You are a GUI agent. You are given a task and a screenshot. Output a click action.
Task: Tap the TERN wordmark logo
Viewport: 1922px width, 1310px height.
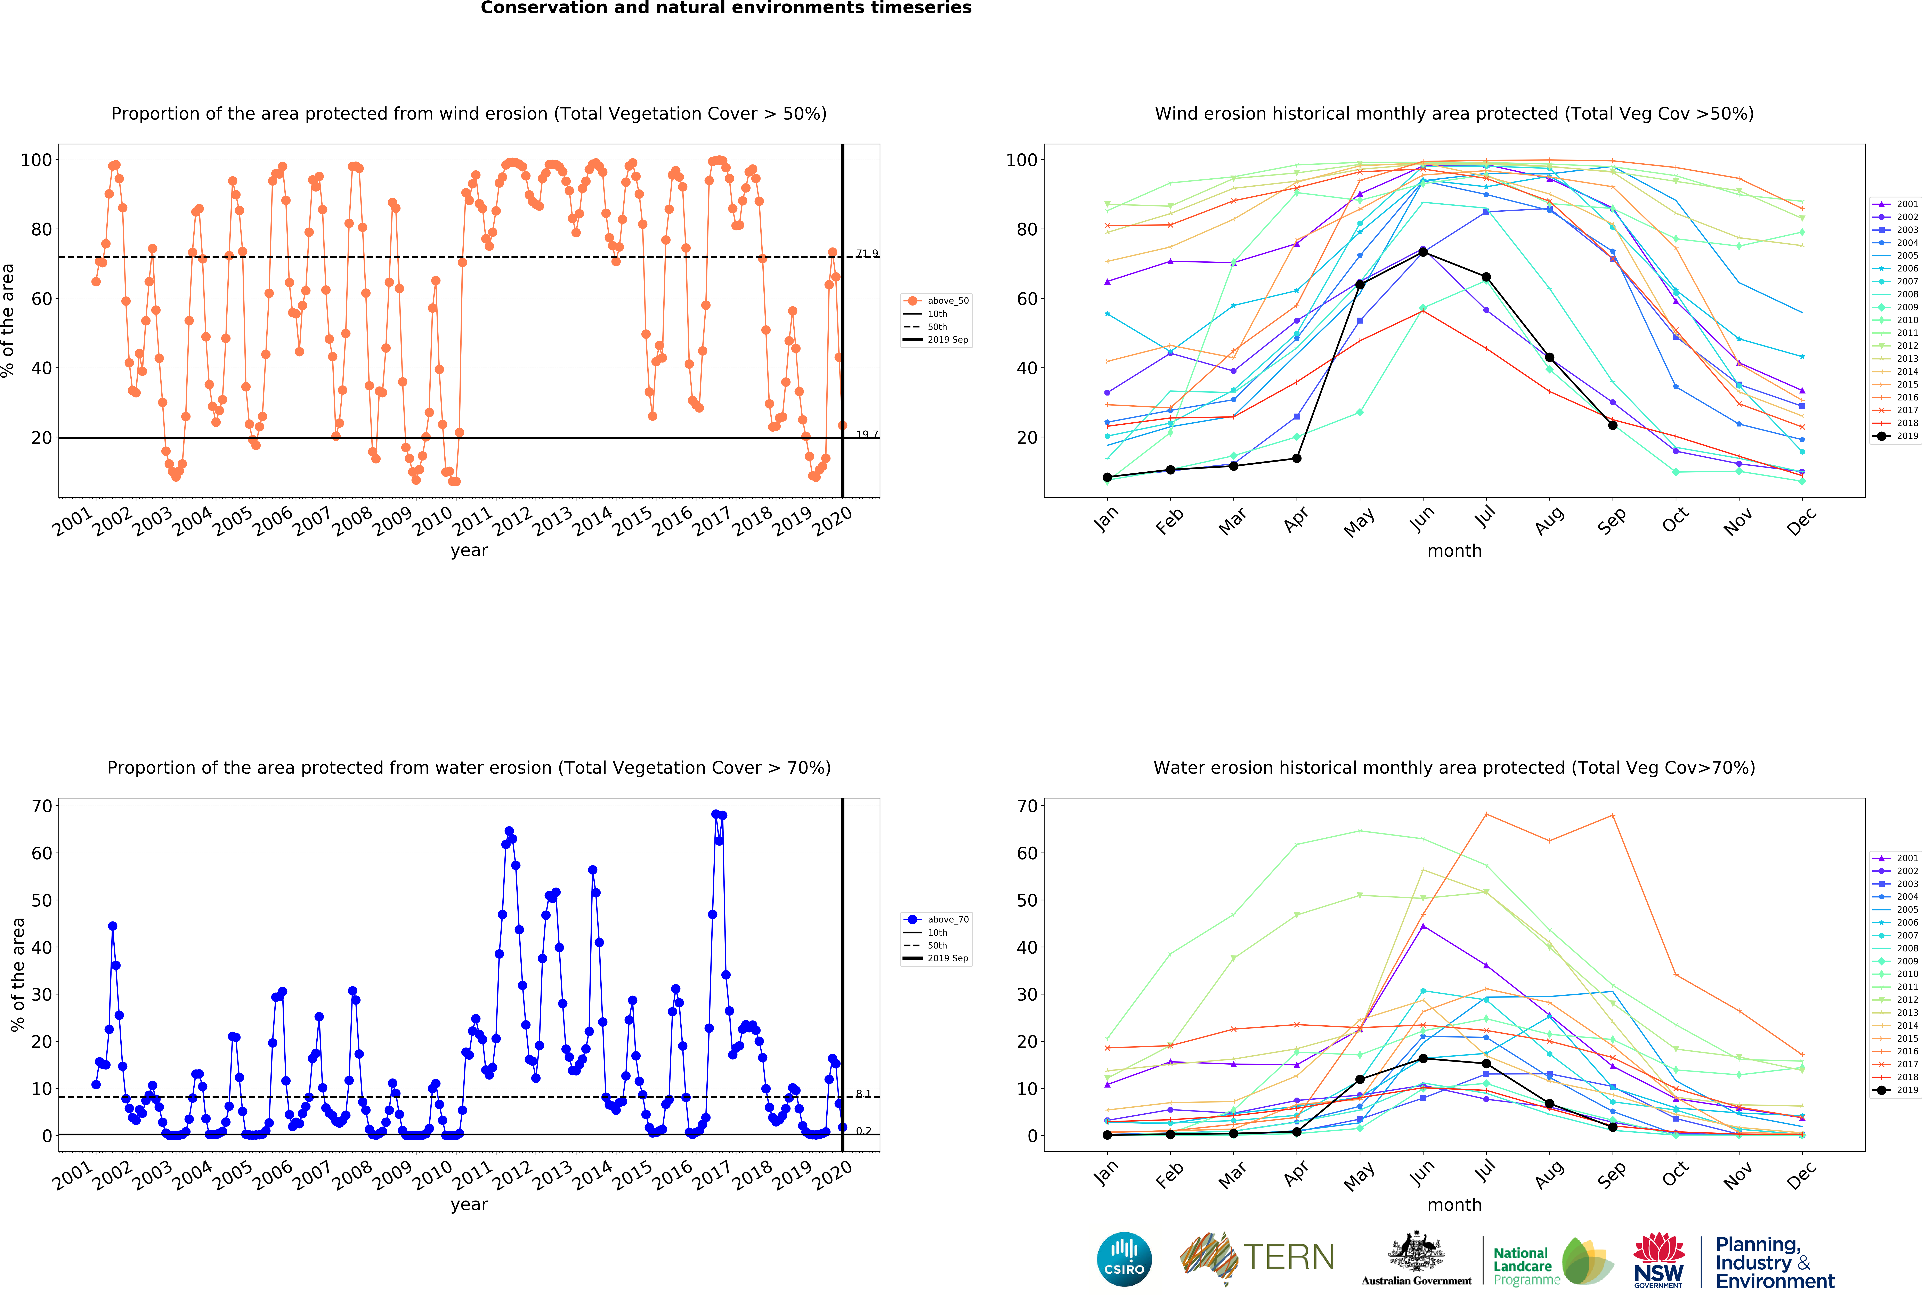(1289, 1257)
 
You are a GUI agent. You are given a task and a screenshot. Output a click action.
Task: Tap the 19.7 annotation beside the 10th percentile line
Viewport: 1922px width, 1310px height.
(867, 434)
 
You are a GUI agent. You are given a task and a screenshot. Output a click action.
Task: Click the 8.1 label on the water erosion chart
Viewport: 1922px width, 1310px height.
(863, 1093)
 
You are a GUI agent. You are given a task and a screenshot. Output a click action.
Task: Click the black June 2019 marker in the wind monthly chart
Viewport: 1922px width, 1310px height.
(1422, 251)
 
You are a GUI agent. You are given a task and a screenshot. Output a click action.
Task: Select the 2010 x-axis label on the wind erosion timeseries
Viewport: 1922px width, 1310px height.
(432, 521)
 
